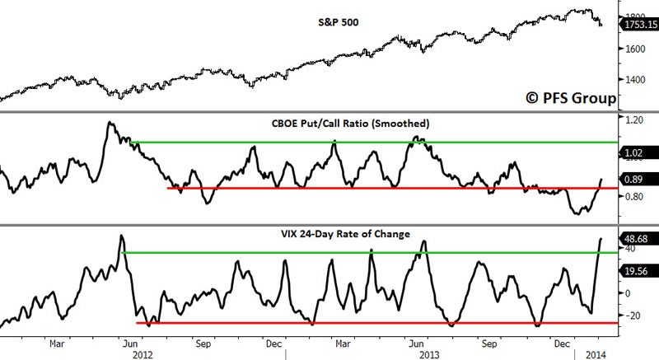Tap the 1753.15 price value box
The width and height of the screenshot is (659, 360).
pyautogui.click(x=638, y=25)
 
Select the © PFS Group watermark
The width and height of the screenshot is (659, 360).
pyautogui.click(x=571, y=98)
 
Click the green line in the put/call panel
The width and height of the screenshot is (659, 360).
pyautogui.click(x=371, y=143)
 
